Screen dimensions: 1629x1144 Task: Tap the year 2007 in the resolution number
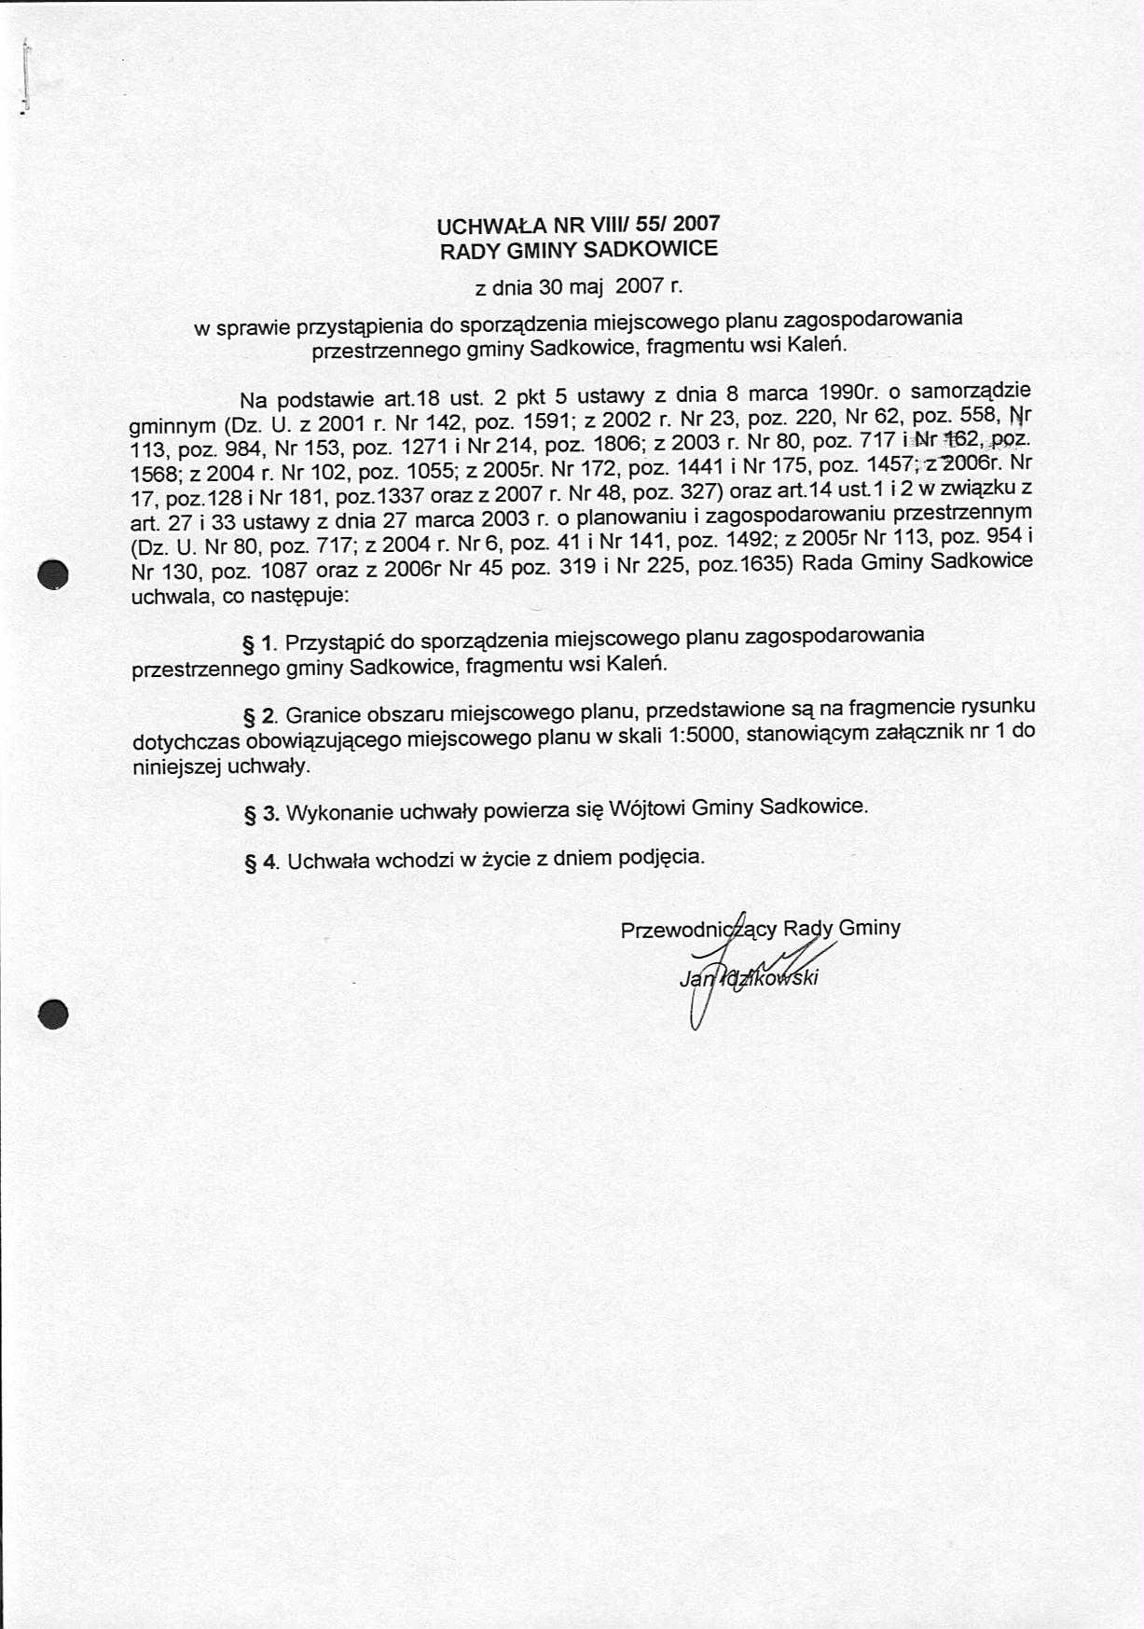(696, 223)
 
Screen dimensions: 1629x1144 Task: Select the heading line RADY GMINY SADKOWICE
(578, 250)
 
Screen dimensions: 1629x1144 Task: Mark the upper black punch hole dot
(54, 573)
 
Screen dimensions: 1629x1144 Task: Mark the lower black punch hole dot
(54, 1013)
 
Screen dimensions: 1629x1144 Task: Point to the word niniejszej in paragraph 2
(177, 767)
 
